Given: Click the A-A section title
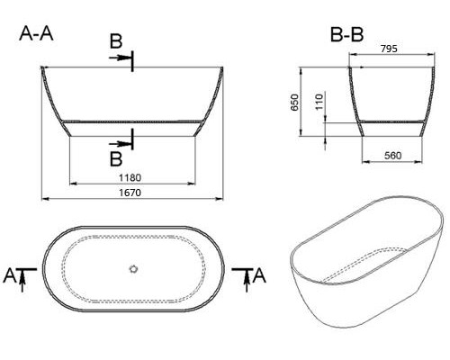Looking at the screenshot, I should point(37,35).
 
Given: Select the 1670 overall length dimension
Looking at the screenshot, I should point(132,191).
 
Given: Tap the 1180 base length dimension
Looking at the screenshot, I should point(132,177).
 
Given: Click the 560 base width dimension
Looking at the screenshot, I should point(391,156).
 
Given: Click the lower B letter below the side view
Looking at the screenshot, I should point(116,159).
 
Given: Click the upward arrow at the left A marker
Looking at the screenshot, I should point(23,276).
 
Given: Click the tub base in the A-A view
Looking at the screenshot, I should point(132,131).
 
